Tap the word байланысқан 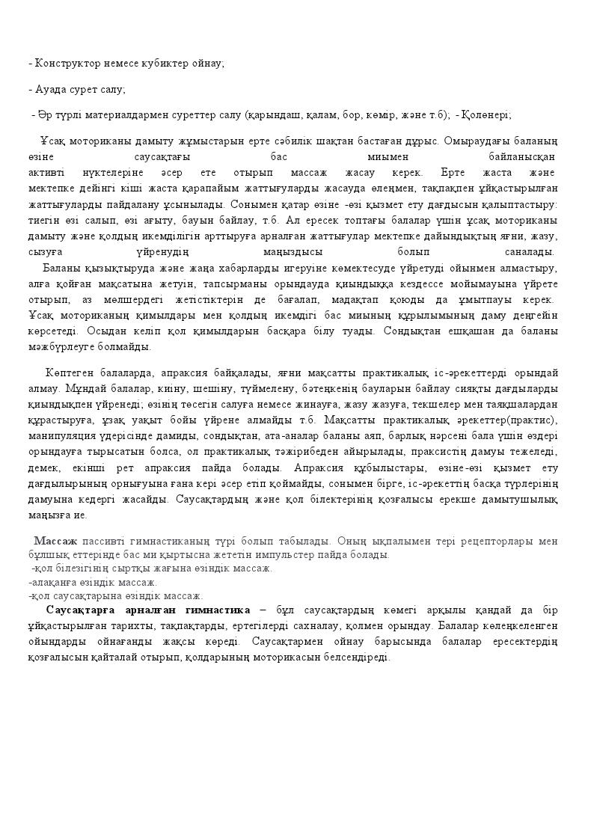click(x=521, y=157)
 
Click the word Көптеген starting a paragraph click(x=67, y=373)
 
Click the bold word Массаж click(x=56, y=540)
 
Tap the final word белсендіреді click(x=352, y=657)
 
